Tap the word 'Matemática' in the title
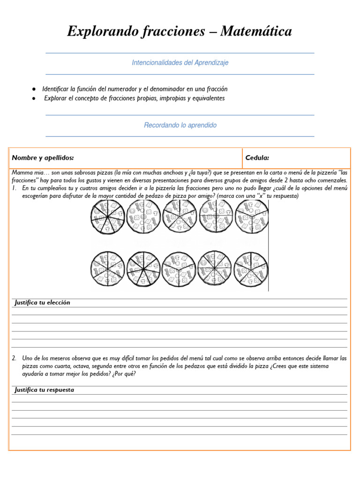[x=256, y=31]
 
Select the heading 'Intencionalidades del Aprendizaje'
[x=180, y=63]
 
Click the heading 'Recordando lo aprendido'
[x=180, y=126]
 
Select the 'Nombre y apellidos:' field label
[x=43, y=158]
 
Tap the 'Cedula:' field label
[x=257, y=158]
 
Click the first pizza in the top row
[x=107, y=217]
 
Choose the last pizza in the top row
[x=252, y=217]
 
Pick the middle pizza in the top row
[x=180, y=217]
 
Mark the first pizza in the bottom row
[x=107, y=269]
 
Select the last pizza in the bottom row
[x=250, y=269]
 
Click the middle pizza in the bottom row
[x=180, y=269]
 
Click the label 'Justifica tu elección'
[x=42, y=303]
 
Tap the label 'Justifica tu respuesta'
[x=44, y=390]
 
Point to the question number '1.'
[x=15, y=188]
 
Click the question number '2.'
[x=15, y=358]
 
